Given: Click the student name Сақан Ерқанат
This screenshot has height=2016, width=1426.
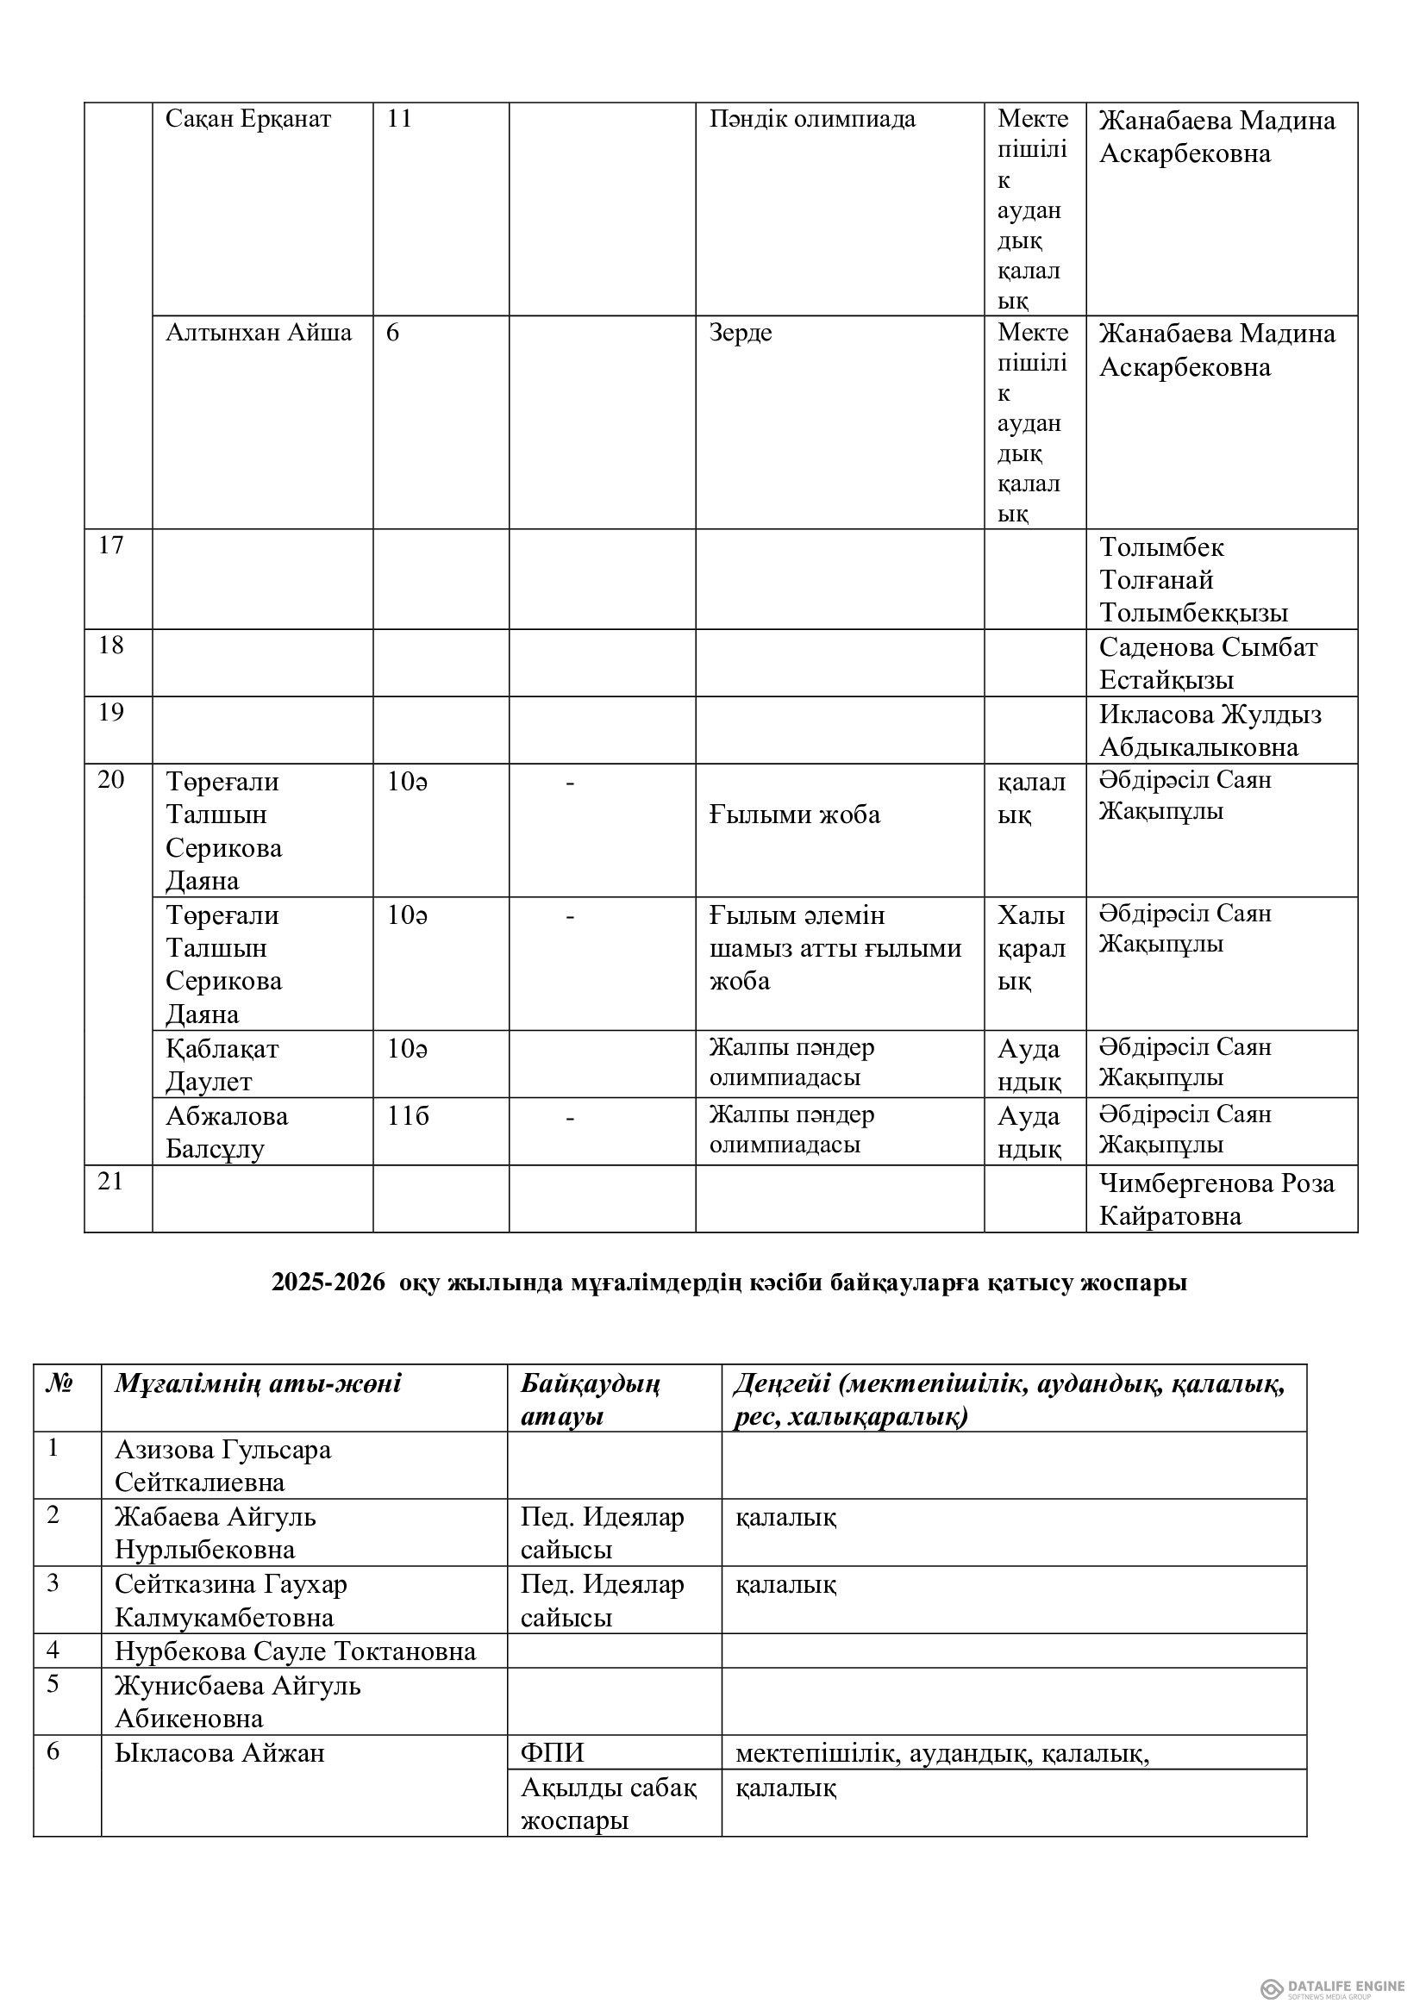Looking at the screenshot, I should pos(247,119).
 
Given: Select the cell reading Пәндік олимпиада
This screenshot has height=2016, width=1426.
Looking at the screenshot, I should pos(811,119).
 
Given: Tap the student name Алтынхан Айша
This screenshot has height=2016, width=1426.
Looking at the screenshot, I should pos(258,332).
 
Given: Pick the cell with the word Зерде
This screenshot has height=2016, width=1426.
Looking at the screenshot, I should pos(741,332).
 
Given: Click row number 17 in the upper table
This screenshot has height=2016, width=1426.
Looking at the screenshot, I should pos(110,546).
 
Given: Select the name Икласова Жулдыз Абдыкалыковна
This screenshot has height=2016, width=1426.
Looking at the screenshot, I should pos(1209,731).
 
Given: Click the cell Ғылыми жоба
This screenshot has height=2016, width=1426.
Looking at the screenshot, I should pos(794,815).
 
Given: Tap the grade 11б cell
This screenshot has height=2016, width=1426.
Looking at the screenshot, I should pos(408,1116).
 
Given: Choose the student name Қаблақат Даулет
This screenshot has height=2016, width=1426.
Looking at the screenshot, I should pos(222,1064).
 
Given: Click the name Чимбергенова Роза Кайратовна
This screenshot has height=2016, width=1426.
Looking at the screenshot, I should pos(1216,1200).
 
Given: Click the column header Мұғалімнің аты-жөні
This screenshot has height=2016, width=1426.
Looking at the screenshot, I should pos(257,1384).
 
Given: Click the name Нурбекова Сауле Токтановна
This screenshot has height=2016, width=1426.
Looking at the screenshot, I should pos(295,1651).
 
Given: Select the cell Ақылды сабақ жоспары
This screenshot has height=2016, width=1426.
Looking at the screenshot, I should pos(608,1803).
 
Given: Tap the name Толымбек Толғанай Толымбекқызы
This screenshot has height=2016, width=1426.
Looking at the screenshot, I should pos(1192,579).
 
